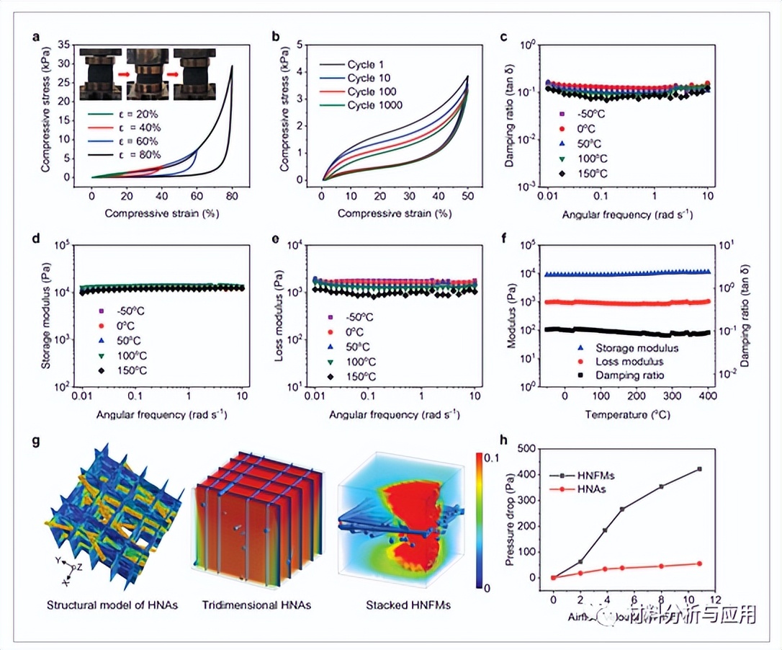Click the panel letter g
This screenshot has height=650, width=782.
[x=35, y=440]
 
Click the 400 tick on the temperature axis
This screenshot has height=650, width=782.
[x=709, y=396]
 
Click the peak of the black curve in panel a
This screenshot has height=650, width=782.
[x=232, y=66]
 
